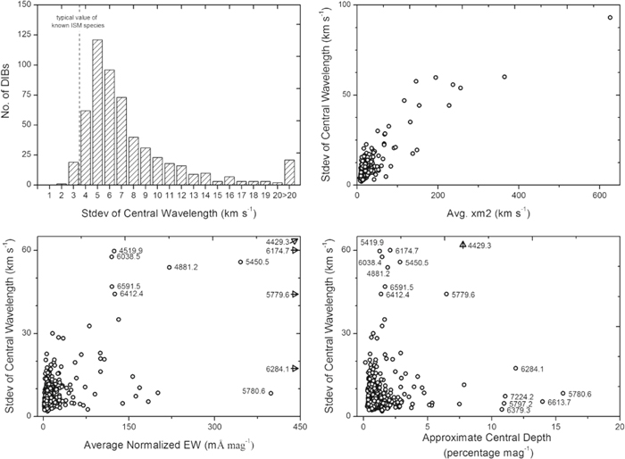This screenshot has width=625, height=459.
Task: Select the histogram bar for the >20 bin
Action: (x=288, y=173)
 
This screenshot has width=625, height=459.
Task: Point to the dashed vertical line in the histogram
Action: (x=79, y=107)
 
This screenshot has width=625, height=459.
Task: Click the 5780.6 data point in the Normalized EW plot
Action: (x=271, y=393)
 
